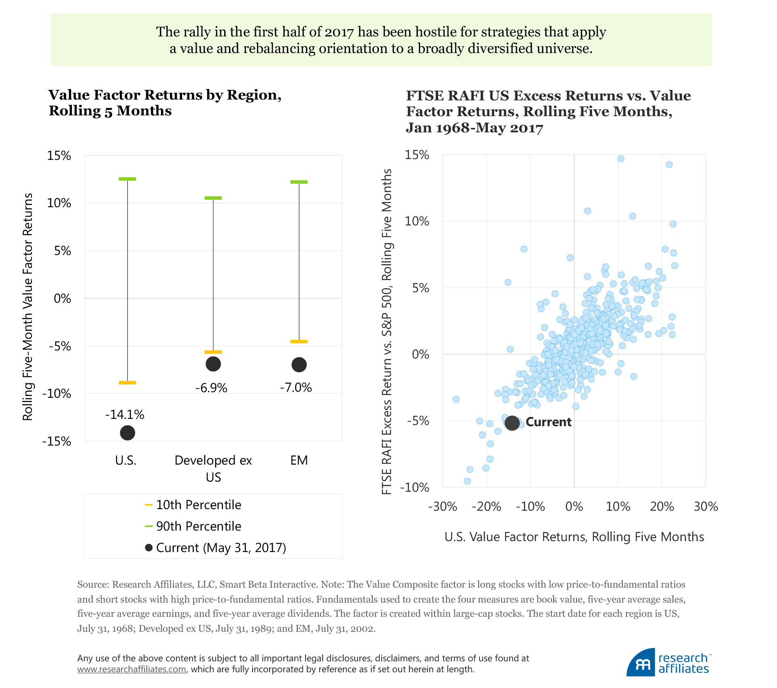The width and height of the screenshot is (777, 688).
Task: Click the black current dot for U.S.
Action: pos(127,433)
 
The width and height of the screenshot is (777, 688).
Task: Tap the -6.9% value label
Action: pos(211,388)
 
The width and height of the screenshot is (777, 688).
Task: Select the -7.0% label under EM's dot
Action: pos(296,388)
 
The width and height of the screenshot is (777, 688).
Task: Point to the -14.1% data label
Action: pos(125,414)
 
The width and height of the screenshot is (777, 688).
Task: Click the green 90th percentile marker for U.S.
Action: pos(127,179)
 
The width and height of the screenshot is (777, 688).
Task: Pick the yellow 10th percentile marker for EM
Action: pos(299,342)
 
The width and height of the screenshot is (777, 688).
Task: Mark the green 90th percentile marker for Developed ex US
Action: pos(213,198)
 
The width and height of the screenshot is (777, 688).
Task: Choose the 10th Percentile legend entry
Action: pos(193,505)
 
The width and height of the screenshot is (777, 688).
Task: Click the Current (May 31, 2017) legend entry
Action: pos(216,548)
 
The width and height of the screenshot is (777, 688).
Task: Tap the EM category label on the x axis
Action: pos(299,460)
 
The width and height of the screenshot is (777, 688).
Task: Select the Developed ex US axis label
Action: pos(213,468)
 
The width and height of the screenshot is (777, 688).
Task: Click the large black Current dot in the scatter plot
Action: pos(512,423)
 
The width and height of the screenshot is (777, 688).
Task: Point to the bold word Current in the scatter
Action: pos(548,422)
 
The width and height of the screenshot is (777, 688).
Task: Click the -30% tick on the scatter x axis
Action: pos(443,507)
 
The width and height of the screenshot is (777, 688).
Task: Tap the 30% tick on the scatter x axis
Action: pos(706,507)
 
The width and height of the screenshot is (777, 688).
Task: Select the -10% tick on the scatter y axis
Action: pos(415,487)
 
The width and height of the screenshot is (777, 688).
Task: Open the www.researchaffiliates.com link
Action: pos(132,669)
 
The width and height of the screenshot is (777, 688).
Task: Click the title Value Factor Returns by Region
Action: pos(165,95)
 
